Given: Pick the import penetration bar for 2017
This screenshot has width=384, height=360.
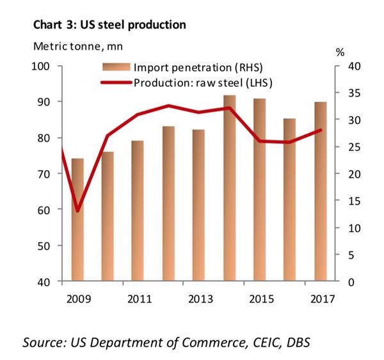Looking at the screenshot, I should tap(321, 191).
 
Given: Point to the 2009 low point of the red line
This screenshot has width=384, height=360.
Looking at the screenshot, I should tap(78, 210).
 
